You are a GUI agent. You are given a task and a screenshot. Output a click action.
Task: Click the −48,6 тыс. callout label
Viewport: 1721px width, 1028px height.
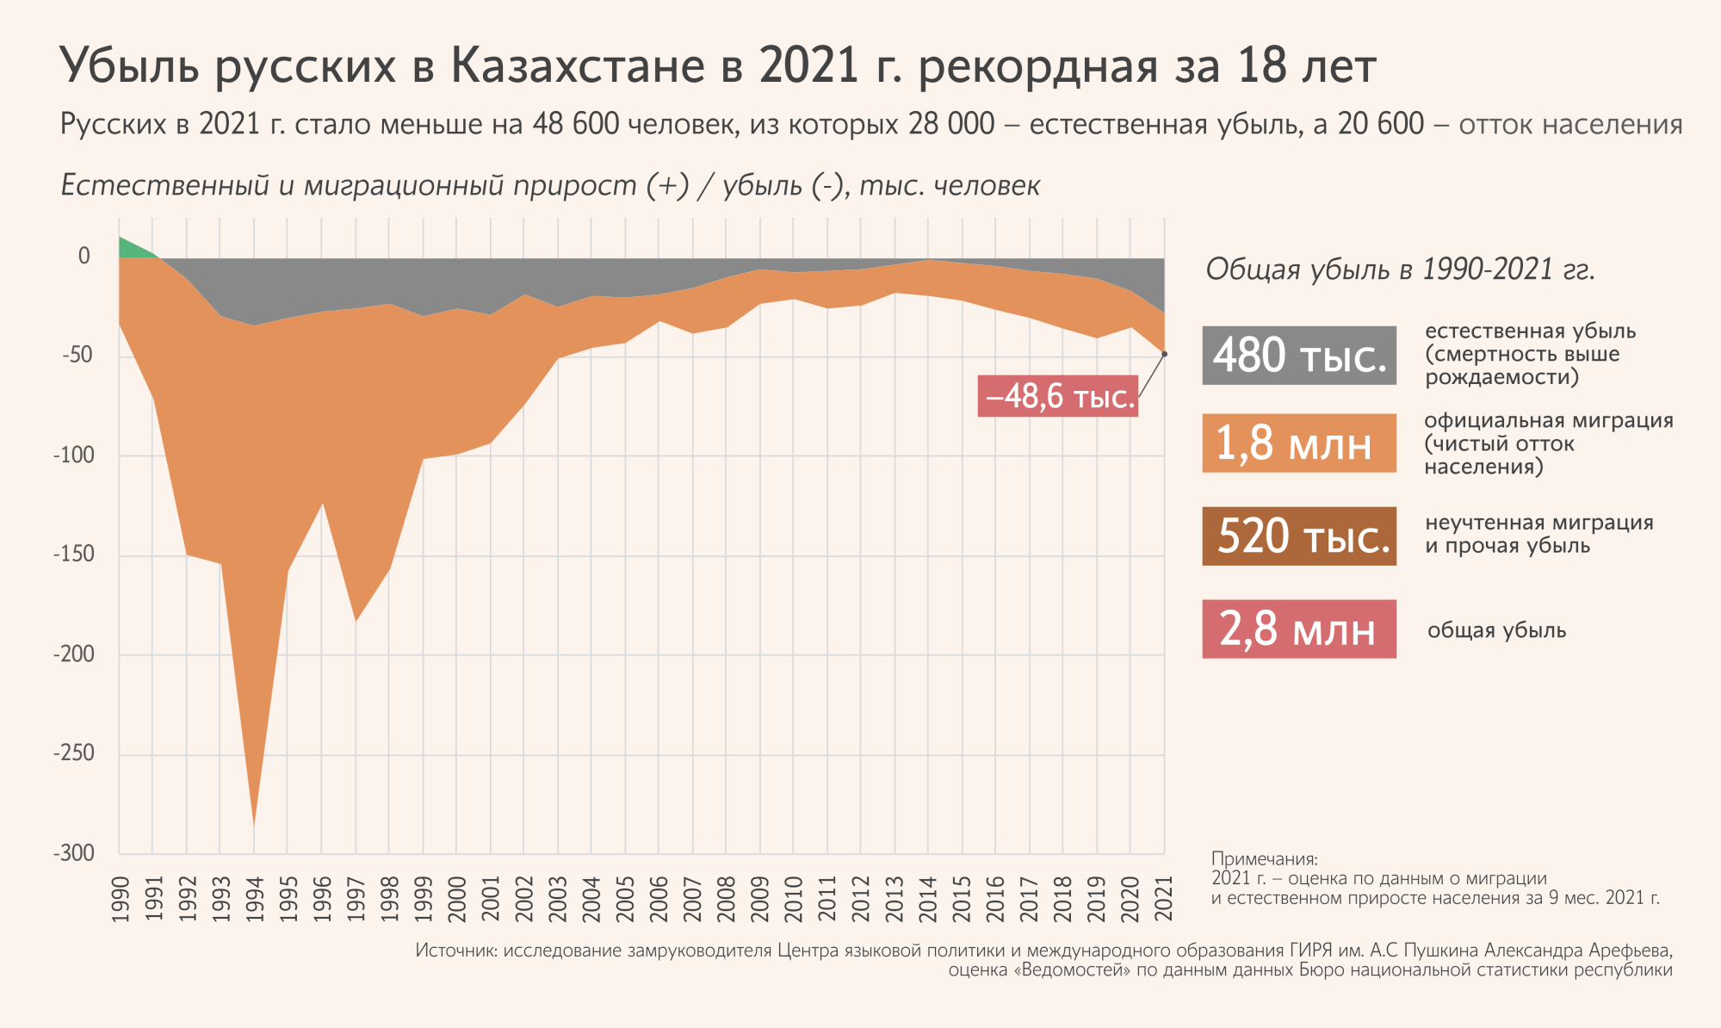pyautogui.click(x=1058, y=396)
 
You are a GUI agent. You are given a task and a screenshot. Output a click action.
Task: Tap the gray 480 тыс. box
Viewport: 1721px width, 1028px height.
pyautogui.click(x=1298, y=355)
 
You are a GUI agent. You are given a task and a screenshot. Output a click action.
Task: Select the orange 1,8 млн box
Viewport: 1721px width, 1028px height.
pyautogui.click(x=1298, y=443)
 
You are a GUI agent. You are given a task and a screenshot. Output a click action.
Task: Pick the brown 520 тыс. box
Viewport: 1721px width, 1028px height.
pyautogui.click(x=1298, y=536)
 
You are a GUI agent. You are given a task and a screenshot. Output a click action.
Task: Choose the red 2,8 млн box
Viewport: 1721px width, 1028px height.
pyautogui.click(x=1298, y=629)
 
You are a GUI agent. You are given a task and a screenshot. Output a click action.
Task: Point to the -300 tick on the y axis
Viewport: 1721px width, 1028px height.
pyautogui.click(x=74, y=853)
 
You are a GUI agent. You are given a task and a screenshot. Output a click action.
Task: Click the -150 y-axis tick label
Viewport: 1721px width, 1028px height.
pyautogui.click(x=74, y=554)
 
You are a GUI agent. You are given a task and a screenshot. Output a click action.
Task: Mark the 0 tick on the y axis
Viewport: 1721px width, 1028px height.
pyautogui.click(x=84, y=256)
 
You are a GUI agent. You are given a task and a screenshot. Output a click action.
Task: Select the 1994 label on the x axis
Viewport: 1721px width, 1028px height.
pyautogui.click(x=255, y=899)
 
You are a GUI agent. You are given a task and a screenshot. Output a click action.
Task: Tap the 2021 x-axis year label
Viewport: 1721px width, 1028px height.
pyautogui.click(x=1164, y=899)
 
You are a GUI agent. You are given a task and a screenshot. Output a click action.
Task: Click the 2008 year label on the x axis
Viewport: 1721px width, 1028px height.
pyautogui.click(x=727, y=899)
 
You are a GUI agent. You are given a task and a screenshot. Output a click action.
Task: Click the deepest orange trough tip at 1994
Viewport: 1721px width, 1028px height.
pyautogui.click(x=254, y=822)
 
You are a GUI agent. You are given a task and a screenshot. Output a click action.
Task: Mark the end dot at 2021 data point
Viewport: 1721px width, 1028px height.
pyautogui.click(x=1164, y=354)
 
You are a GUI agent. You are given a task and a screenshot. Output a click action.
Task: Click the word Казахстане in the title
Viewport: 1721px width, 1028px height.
pyautogui.click(x=578, y=66)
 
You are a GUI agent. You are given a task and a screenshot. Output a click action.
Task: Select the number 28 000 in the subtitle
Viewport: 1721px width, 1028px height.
pyautogui.click(x=951, y=125)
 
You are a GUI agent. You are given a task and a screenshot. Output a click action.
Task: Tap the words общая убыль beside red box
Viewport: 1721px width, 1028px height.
pyautogui.click(x=1496, y=630)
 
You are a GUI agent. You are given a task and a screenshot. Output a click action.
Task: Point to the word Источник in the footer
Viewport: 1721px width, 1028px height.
pyautogui.click(x=455, y=951)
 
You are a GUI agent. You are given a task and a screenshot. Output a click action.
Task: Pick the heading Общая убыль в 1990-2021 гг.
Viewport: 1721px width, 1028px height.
pyautogui.click(x=1400, y=269)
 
